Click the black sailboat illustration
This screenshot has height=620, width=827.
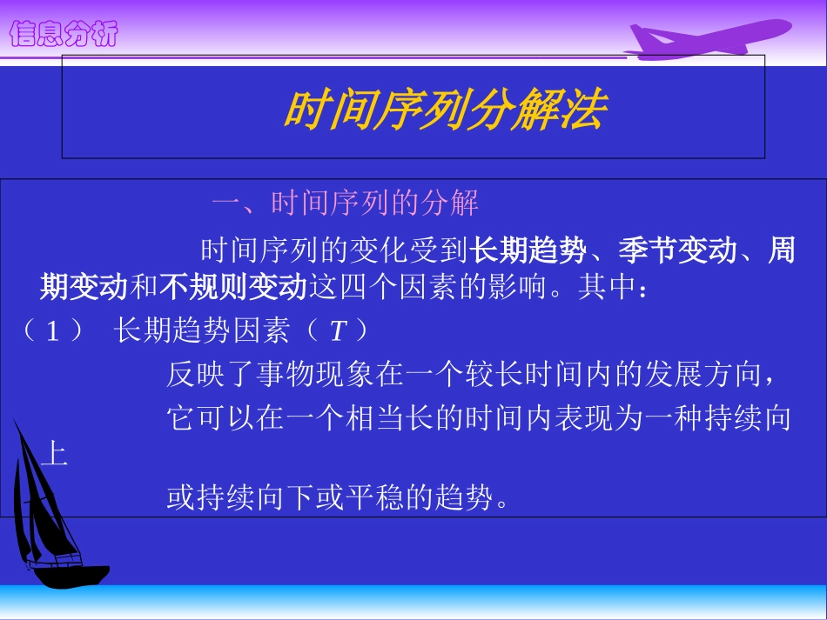click(x=52, y=513)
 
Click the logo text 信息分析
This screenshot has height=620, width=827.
click(x=63, y=35)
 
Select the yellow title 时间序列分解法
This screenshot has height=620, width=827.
click(x=444, y=111)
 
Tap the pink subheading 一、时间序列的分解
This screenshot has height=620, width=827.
click(x=346, y=204)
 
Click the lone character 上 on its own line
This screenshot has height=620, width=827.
click(x=54, y=455)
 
